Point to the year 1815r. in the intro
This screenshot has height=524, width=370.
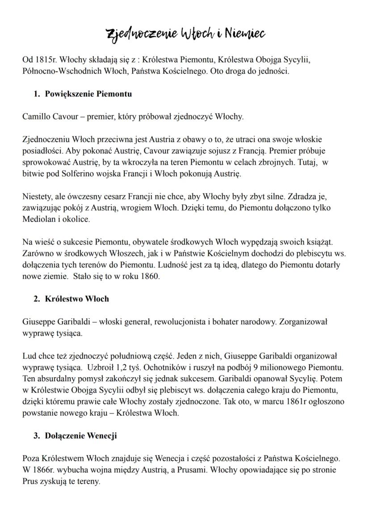[x=46, y=60]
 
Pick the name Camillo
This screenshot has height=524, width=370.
[x=36, y=117]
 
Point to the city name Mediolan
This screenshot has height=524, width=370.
[x=38, y=220]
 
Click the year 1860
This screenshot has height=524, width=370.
[x=149, y=276]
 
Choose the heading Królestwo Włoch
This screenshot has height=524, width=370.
[x=77, y=299]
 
